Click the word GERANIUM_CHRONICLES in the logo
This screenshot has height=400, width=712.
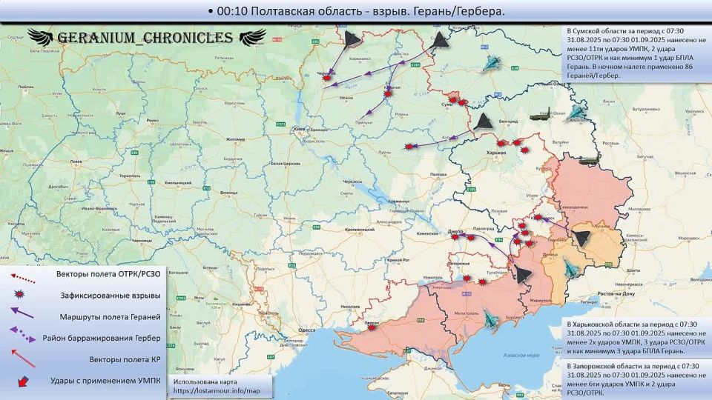[x=145, y=38]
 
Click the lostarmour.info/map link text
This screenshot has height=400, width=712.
[x=217, y=390]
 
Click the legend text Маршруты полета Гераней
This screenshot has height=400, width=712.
[x=110, y=317]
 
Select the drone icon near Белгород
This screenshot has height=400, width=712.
[x=484, y=121]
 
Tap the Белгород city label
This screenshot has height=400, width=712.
[x=508, y=119]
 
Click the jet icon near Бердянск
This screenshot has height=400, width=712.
[x=490, y=319]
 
